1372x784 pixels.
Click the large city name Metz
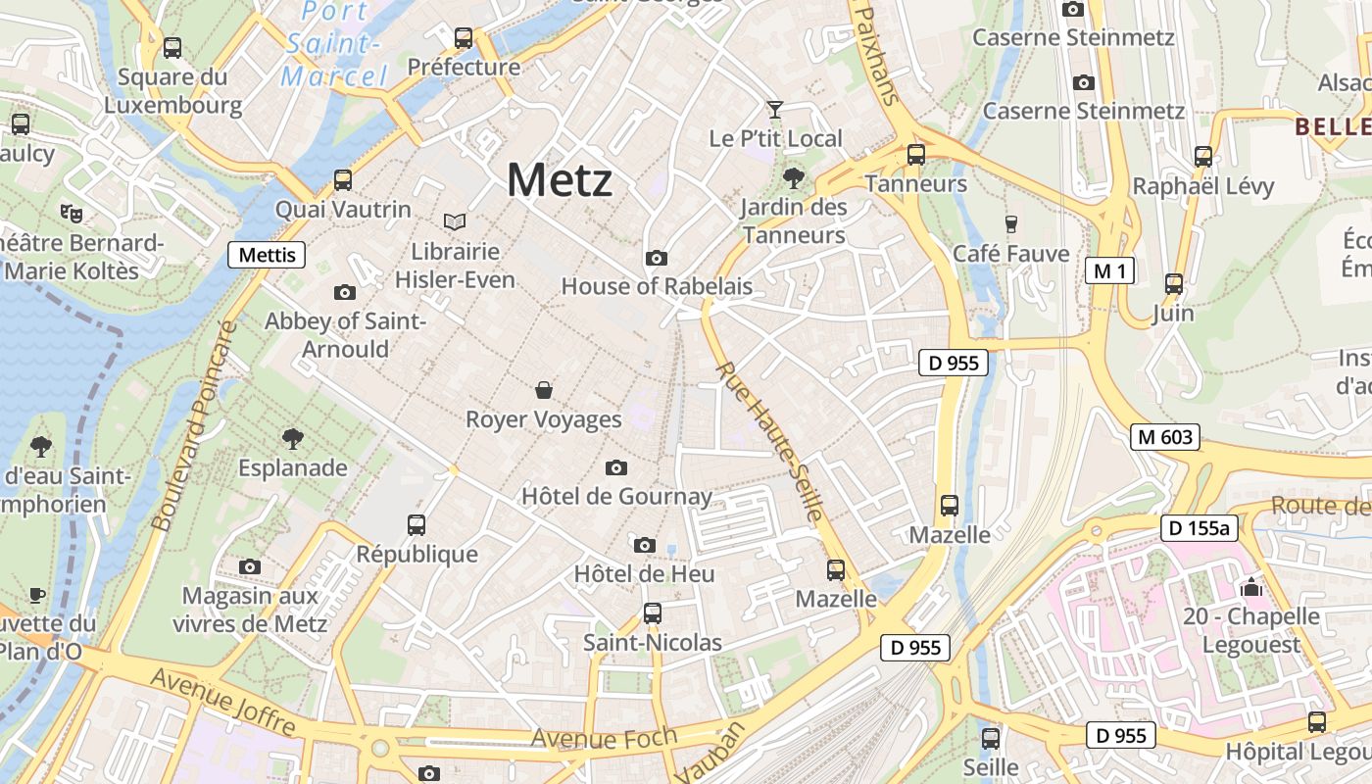[x=560, y=180]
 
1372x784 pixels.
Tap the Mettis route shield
[x=267, y=256]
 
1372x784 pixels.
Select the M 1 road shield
[x=1109, y=270]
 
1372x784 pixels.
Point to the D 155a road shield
[x=1200, y=528]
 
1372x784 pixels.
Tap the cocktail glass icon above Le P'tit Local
[x=775, y=109]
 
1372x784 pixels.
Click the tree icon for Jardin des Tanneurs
[x=793, y=178]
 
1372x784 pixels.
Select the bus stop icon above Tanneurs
[x=916, y=154]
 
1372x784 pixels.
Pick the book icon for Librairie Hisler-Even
[x=455, y=222]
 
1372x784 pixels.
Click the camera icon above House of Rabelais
[x=657, y=259]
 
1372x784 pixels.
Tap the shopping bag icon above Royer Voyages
[x=544, y=390]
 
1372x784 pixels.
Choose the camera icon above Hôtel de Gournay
[x=616, y=467]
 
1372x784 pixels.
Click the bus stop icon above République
[x=416, y=525]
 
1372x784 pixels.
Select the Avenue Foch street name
[x=604, y=738]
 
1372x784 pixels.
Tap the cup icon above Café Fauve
[x=1011, y=224]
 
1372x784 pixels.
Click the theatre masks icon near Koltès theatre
[x=71, y=212]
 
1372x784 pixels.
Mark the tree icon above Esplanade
[x=292, y=438]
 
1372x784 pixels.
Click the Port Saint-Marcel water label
[x=333, y=43]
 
